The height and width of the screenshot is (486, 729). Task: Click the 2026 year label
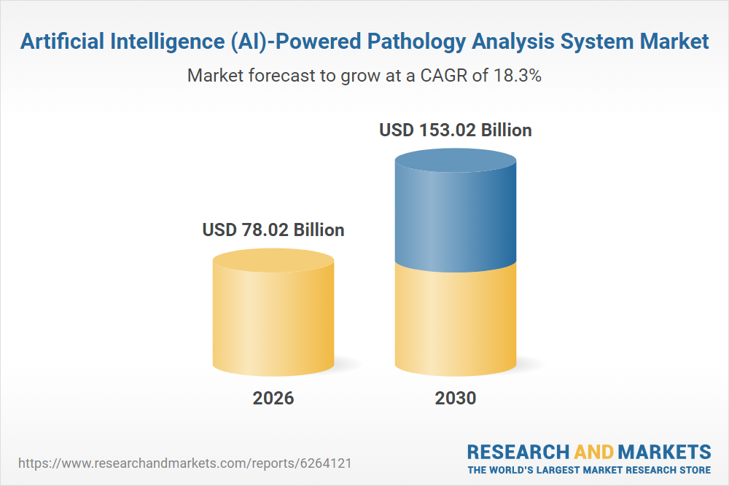[273, 398]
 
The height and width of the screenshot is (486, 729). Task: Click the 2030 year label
[456, 398]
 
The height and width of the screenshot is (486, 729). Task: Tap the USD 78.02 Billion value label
[273, 230]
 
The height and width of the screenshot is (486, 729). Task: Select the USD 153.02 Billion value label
[456, 130]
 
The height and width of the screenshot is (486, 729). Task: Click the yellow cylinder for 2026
[273, 313]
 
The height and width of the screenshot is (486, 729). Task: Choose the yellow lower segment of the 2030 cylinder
[456, 321]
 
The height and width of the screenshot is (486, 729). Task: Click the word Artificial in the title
[62, 42]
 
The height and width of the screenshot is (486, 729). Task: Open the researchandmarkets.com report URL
[185, 463]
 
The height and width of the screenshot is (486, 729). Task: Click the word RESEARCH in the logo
[518, 452]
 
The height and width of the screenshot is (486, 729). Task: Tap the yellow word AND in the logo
[594, 452]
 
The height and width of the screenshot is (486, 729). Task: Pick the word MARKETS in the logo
[664, 452]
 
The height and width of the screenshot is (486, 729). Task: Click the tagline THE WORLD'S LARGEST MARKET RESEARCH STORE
[589, 470]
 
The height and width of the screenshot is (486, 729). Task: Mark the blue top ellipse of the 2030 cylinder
[456, 160]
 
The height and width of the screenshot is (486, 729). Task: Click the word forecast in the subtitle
[282, 75]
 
